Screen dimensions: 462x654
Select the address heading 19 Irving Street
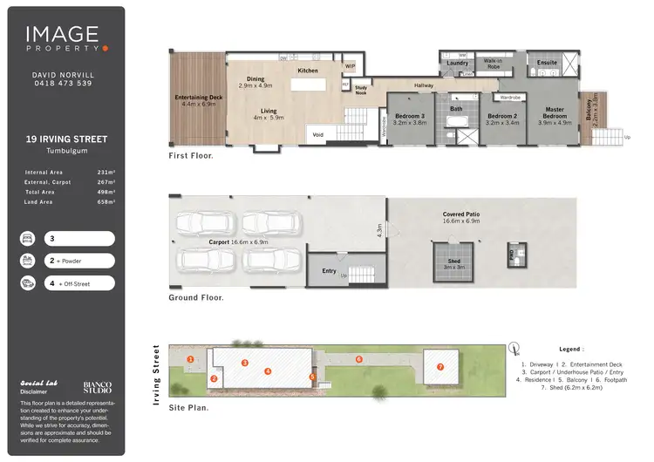(67, 139)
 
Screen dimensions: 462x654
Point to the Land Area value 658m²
(106, 201)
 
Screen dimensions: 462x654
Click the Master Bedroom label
(555, 113)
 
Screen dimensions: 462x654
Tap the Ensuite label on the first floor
(547, 63)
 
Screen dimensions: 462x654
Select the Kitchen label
(308, 71)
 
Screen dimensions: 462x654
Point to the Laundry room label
(457, 63)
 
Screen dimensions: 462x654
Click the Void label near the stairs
(318, 134)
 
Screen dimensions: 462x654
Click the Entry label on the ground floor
(329, 271)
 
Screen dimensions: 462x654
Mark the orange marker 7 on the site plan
(440, 367)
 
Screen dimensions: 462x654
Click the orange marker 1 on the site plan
(190, 359)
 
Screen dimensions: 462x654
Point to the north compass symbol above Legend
(514, 346)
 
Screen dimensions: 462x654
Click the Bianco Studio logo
(97, 386)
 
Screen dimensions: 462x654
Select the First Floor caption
(191, 156)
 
